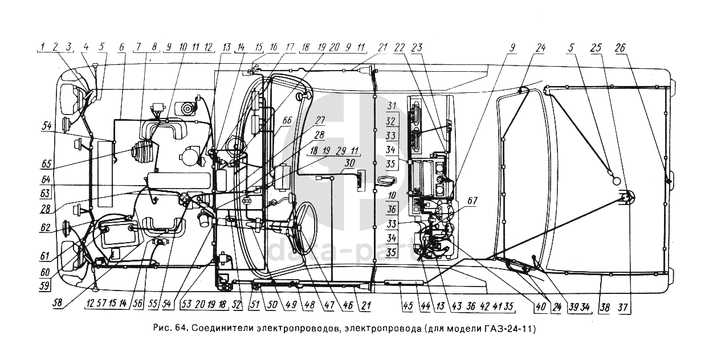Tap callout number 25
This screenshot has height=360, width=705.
coord(596,48)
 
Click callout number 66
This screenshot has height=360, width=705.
coord(287,120)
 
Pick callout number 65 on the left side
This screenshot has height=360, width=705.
coord(46,163)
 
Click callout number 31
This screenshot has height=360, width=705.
coord(391,107)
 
